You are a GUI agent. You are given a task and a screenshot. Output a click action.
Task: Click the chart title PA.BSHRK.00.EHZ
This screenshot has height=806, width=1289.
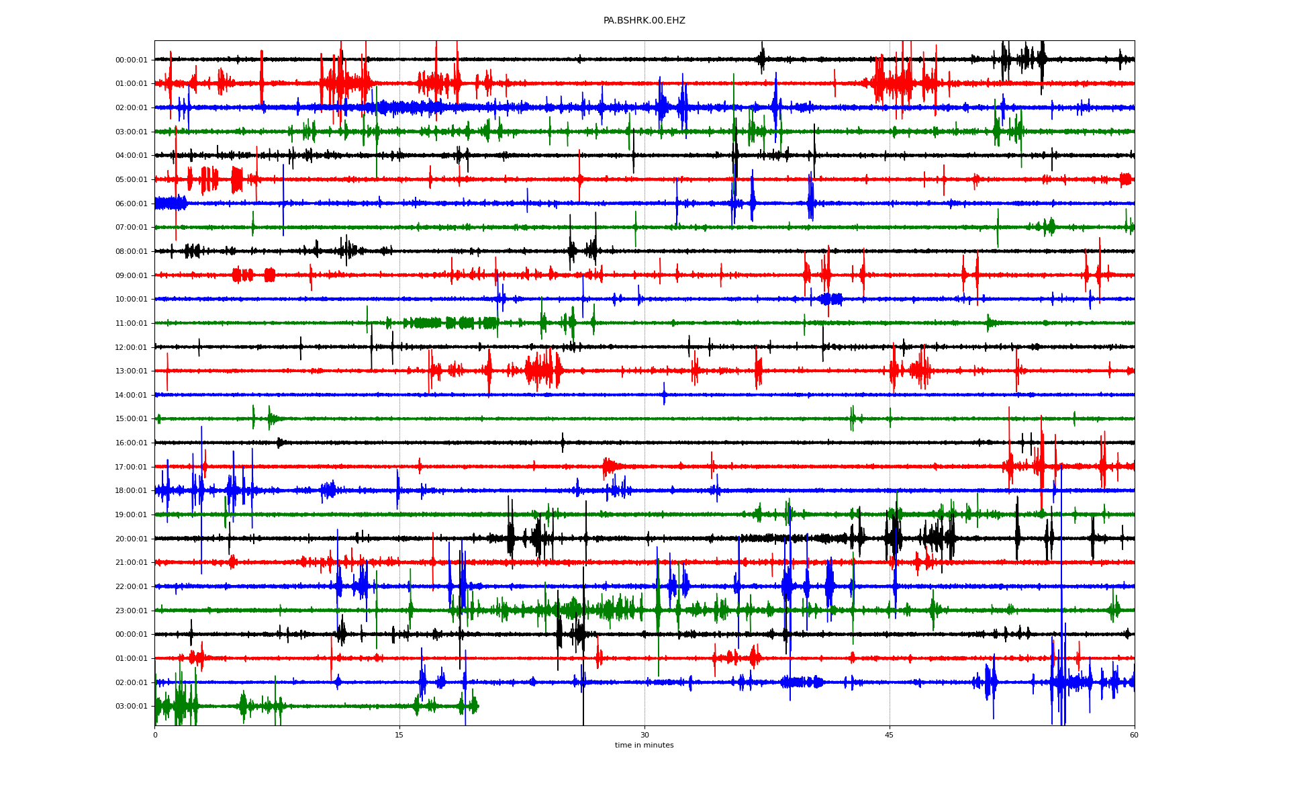click(644, 21)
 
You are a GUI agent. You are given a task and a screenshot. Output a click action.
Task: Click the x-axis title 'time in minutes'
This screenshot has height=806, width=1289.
click(644, 745)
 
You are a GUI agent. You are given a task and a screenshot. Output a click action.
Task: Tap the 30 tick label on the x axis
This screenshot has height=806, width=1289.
click(644, 735)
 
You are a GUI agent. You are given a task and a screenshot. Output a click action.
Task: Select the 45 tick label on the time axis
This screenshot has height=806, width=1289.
click(890, 735)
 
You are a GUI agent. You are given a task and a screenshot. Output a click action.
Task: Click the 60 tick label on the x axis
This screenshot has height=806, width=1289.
click(1134, 735)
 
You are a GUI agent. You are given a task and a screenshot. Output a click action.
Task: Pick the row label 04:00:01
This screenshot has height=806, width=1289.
click(132, 156)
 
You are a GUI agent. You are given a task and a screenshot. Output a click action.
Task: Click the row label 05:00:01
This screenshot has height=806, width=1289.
click(132, 180)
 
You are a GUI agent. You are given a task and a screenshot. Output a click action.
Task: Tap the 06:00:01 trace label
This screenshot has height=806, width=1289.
click(132, 204)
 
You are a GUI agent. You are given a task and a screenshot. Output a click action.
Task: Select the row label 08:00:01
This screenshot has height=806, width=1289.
click(132, 252)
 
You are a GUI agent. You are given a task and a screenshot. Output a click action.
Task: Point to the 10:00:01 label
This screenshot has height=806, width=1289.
click(132, 300)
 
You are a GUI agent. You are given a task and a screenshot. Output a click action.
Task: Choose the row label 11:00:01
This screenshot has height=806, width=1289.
click(132, 324)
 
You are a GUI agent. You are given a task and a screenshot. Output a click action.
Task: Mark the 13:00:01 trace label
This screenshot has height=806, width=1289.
click(132, 371)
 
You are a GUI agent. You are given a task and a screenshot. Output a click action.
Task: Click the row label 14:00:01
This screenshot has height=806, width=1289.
click(132, 396)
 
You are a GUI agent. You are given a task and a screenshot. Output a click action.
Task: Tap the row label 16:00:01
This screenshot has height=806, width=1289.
click(132, 443)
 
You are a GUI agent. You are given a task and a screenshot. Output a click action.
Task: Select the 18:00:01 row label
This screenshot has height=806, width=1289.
click(132, 491)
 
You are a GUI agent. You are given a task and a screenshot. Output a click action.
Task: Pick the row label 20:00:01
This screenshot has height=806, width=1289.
click(132, 539)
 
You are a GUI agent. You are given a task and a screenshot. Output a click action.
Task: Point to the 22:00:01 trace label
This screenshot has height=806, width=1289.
click(132, 587)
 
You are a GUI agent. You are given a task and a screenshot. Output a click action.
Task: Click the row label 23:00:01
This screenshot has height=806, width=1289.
click(132, 611)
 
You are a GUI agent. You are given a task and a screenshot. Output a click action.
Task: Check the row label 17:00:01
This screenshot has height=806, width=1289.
click(132, 467)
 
